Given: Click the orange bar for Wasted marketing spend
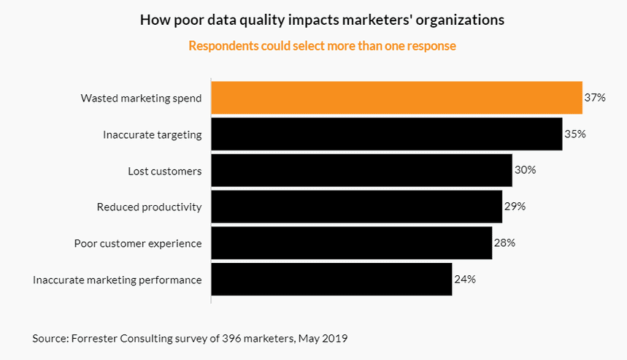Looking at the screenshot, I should coord(396,98).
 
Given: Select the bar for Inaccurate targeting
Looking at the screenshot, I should coord(386,134).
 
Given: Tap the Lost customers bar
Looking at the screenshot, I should coord(361,170).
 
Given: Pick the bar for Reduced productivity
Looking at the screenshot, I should coord(356,207).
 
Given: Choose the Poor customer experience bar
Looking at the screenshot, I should coord(351,243).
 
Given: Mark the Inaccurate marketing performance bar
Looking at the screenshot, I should coord(331,280).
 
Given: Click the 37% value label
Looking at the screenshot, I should coord(595,98).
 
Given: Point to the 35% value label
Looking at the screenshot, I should coord(575,134).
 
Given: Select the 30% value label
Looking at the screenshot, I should coord(525,170).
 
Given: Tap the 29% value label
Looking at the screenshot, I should coord(515,207).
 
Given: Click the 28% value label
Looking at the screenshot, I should coord(504,243).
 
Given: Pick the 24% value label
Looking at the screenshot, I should coord(465,280).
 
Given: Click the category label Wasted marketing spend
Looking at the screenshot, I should coord(141,98).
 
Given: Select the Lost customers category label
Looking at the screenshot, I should coord(165,170).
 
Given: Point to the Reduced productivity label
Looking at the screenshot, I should coord(149,207).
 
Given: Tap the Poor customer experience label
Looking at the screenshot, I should coord(138,243).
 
